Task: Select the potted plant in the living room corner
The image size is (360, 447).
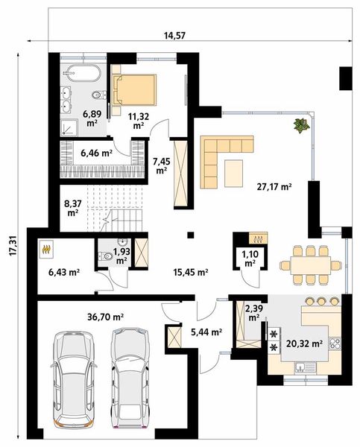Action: pyautogui.click(x=300, y=125)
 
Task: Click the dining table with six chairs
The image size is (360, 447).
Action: pyautogui.click(x=307, y=264)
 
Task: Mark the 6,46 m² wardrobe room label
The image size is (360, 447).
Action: pyautogui.click(x=95, y=153)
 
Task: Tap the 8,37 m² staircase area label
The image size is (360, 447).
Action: pyautogui.click(x=73, y=206)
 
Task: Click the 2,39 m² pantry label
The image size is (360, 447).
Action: pyautogui.click(x=253, y=312)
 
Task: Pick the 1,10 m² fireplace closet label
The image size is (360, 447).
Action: pyautogui.click(x=249, y=259)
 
